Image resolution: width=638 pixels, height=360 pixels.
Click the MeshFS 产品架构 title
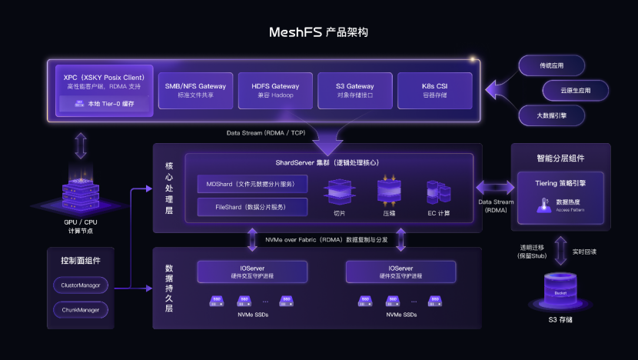coord(318,32)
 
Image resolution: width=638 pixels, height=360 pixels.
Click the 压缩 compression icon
coord(389,190)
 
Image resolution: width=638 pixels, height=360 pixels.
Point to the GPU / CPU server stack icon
coord(80,188)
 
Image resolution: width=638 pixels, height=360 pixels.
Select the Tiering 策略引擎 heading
coord(560,185)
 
